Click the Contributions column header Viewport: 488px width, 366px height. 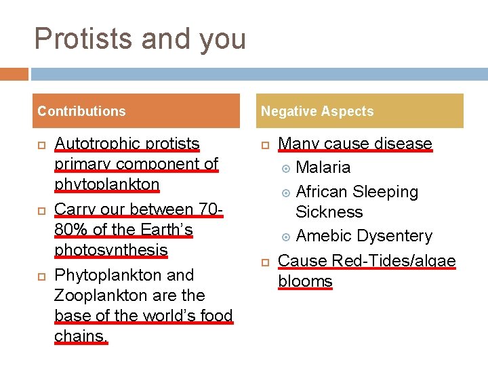(81, 111)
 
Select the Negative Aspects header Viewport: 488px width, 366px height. (317, 111)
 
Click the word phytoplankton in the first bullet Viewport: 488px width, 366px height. (106, 184)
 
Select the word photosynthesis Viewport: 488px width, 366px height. (110, 250)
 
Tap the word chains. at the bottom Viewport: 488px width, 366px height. (81, 336)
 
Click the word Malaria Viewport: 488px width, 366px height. (323, 167)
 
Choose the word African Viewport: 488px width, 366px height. (325, 192)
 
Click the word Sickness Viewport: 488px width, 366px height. (329, 212)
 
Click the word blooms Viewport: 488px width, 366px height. (305, 281)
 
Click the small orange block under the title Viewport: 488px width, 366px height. (14, 73)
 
